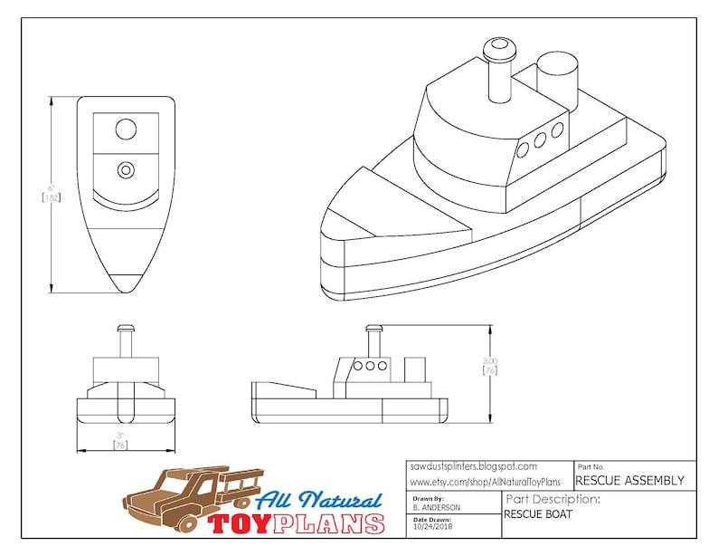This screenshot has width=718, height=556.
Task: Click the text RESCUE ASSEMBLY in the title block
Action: [629, 481]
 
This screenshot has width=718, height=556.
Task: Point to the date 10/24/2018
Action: [430, 526]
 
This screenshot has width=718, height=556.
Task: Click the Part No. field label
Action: [591, 465]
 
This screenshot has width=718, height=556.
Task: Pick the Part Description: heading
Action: [553, 499]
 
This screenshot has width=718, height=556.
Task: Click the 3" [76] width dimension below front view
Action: [119, 440]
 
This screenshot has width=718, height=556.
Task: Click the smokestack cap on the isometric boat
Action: [496, 46]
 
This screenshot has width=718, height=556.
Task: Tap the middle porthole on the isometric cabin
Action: [540, 140]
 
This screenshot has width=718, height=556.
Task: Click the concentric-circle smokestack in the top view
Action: [126, 168]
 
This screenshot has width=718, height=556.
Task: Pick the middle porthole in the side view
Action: [369, 366]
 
